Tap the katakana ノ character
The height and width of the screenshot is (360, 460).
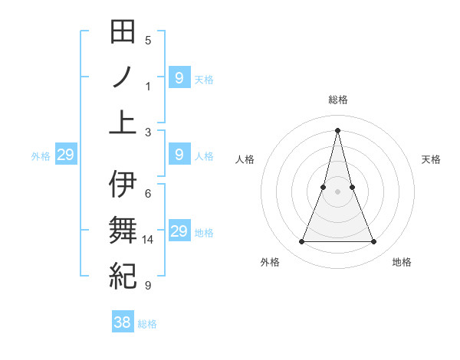123,77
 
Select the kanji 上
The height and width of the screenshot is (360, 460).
123,122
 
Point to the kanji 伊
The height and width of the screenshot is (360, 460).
123,185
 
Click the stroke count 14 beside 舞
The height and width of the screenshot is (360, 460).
149,240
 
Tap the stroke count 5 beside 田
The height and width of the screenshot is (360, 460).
148,41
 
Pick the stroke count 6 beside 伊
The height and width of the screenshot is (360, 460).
148,194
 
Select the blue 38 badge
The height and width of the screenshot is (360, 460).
123,322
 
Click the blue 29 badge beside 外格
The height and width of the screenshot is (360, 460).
65,155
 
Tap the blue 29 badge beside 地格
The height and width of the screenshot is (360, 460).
179,231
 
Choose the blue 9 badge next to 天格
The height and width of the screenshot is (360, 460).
179,77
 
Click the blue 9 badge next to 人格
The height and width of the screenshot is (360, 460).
179,155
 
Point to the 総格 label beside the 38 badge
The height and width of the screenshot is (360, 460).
147,324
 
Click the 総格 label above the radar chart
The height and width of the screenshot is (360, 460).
337,100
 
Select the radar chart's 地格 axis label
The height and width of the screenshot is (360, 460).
402,262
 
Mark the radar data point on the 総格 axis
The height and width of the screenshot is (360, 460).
337,129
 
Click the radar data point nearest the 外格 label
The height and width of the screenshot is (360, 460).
301,242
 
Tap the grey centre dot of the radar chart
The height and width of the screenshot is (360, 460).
337,191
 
